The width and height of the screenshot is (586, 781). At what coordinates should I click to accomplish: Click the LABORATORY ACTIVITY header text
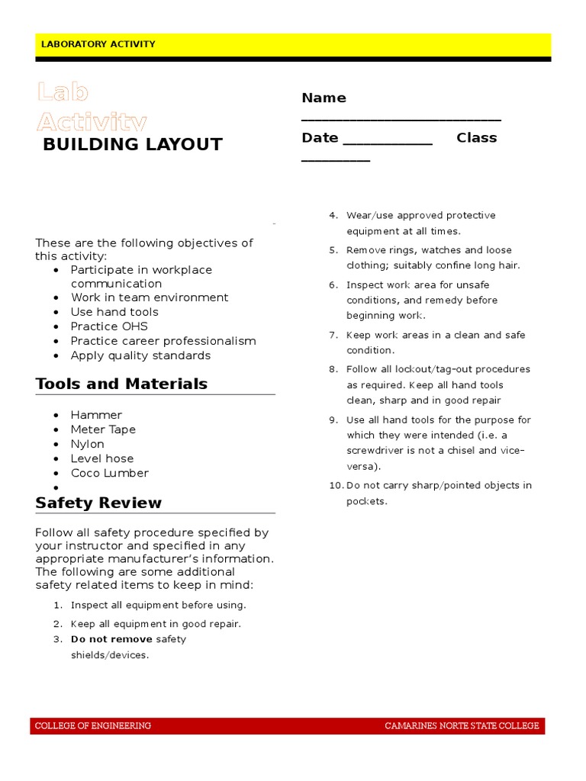coord(98,44)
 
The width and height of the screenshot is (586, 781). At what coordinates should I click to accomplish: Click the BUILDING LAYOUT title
coord(133,145)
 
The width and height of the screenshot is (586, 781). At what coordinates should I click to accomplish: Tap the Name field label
coord(324,98)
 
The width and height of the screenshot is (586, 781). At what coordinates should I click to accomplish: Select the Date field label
coord(320,138)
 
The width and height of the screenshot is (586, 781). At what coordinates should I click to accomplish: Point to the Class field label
coord(476,138)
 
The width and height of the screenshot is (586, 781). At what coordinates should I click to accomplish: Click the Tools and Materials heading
coord(121,384)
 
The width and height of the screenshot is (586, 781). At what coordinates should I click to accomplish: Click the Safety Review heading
coord(98,503)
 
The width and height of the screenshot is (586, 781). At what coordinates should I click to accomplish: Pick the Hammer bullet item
coord(96,415)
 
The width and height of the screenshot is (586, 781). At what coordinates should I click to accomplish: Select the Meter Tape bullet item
coord(103,429)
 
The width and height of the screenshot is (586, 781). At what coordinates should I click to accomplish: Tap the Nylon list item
coord(88,444)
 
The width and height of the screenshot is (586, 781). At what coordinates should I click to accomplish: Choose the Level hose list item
coord(102,458)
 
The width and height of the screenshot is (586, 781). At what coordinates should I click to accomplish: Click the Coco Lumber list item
coord(109,473)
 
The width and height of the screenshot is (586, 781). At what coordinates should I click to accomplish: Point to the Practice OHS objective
coord(109,326)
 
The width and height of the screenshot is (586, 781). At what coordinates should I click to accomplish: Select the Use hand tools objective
coord(114,312)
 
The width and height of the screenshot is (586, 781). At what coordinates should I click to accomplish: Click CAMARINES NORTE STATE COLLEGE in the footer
coord(462,726)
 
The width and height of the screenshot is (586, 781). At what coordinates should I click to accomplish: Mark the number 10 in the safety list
coord(335,486)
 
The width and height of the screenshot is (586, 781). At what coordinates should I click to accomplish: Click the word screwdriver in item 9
coord(375,450)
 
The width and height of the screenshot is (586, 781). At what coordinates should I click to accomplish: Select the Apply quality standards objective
coord(140,355)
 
